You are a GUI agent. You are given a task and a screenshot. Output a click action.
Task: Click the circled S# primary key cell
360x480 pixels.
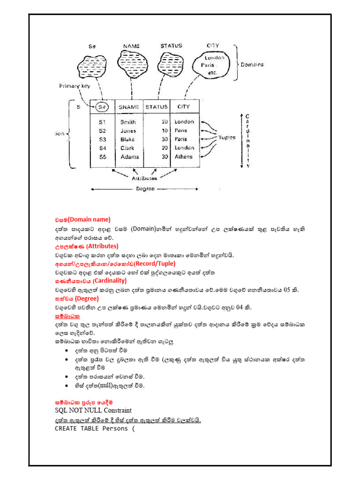(102, 107)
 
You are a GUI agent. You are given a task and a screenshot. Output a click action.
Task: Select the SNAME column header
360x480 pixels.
(129, 107)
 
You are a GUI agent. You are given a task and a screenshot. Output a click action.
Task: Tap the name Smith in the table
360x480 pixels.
(128, 122)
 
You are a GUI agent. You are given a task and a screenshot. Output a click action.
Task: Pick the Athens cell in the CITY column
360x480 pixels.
(184, 157)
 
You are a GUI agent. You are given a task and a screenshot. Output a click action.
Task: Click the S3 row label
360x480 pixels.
(103, 139)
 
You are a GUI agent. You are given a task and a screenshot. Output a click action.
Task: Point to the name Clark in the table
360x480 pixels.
(127, 148)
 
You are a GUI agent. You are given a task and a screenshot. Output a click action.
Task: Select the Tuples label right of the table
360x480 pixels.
(227, 138)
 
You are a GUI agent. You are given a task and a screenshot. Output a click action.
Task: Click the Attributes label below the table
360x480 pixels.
(144, 178)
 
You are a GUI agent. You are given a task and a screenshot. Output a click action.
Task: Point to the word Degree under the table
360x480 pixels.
(145, 189)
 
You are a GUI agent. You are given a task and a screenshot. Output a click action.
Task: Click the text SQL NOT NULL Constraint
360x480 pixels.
(93, 410)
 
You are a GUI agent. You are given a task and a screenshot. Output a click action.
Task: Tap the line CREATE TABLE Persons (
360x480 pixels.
(94, 428)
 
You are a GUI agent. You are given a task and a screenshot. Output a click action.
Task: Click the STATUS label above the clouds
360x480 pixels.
(171, 46)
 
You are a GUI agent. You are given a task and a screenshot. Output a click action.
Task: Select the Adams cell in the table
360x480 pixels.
(130, 157)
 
